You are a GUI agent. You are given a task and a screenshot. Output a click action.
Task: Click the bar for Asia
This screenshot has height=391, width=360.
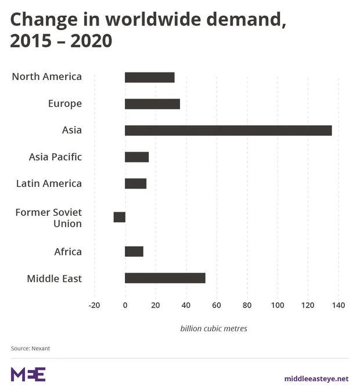click(x=228, y=131)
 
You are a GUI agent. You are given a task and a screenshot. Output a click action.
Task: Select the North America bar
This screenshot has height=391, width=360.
click(x=150, y=77)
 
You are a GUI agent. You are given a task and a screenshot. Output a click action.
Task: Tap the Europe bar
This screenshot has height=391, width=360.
click(x=152, y=104)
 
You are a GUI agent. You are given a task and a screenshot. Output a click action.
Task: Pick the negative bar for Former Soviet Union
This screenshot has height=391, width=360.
click(x=120, y=217)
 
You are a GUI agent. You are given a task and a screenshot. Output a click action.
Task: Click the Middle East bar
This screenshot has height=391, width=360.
click(x=165, y=278)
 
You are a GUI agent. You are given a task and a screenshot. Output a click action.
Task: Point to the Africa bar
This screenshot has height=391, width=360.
click(x=134, y=251)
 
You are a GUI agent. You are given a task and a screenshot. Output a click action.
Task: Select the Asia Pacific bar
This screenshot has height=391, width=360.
click(x=137, y=157)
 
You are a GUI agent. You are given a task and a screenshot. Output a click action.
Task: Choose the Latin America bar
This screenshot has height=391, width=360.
click(x=136, y=183)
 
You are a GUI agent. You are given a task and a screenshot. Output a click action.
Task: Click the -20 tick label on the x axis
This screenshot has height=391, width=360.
click(x=94, y=305)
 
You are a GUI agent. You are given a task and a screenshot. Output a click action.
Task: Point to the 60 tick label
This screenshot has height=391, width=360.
click(x=217, y=305)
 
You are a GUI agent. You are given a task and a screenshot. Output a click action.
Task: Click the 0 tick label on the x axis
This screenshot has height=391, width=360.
click(x=125, y=305)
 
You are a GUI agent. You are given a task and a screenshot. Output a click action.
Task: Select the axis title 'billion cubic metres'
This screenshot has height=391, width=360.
click(x=214, y=328)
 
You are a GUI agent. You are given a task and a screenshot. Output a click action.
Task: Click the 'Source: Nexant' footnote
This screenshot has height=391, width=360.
click(x=30, y=348)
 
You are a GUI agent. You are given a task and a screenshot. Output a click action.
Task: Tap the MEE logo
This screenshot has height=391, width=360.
click(x=28, y=374)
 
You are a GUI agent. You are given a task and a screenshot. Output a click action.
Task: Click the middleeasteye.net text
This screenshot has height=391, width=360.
click(x=316, y=378)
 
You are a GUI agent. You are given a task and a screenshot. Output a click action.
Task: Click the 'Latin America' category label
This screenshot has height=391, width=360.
click(x=49, y=183)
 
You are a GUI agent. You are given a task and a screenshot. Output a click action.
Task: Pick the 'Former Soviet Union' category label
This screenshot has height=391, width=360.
click(x=49, y=218)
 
